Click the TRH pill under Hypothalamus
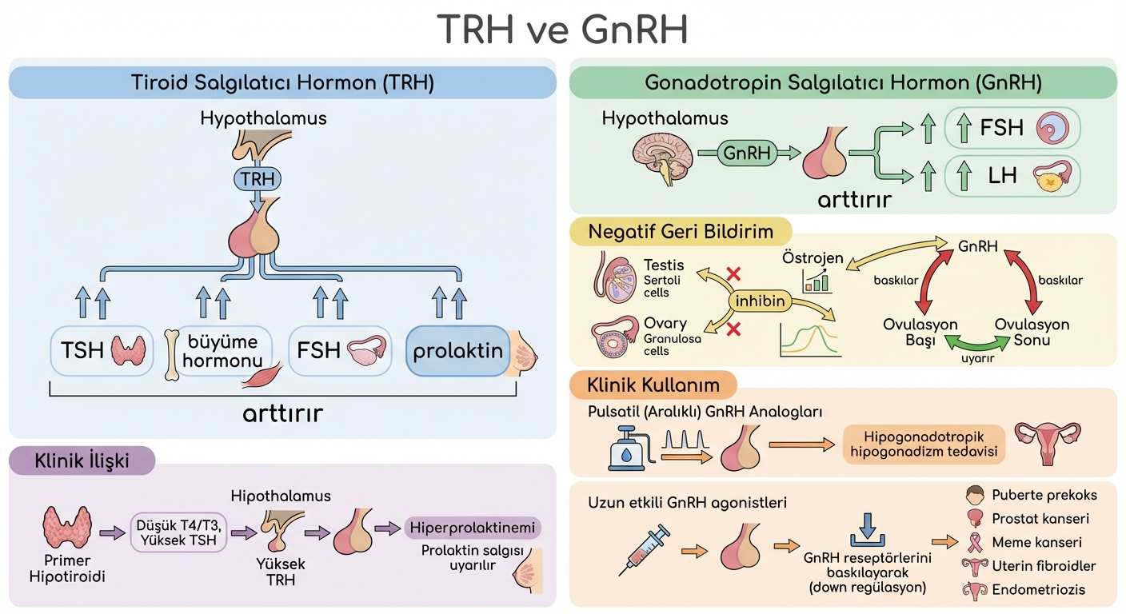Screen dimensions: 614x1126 258,179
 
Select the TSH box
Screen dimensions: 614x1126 102,350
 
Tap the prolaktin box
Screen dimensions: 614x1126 458,350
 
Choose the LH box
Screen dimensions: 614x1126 1012,176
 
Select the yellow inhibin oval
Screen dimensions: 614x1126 760,301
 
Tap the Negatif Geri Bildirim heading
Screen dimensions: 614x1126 681,232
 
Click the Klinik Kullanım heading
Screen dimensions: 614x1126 653,385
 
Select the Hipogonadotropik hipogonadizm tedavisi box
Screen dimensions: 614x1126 924,445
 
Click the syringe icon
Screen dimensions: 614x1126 644,549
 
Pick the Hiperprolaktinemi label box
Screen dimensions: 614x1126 473,528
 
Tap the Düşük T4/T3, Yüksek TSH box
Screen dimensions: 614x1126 178,532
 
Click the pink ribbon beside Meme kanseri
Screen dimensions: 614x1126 975,541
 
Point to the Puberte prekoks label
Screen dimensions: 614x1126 1044,495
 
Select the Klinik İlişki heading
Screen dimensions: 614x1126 82,460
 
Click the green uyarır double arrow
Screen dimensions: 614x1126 976,343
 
